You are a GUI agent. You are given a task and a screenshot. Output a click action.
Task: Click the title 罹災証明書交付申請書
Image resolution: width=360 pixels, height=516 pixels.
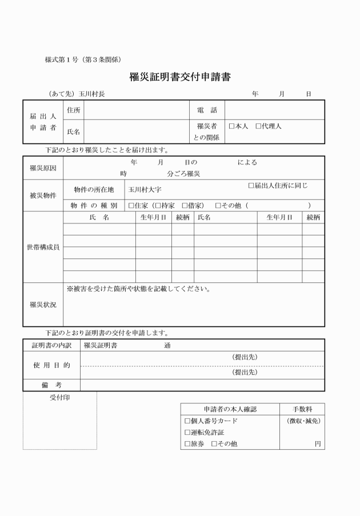click(x=179, y=77)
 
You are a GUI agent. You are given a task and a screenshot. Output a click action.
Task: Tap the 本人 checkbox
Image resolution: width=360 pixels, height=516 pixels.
click(x=232, y=126)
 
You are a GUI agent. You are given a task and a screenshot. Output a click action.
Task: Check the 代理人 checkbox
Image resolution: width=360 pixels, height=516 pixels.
click(x=259, y=126)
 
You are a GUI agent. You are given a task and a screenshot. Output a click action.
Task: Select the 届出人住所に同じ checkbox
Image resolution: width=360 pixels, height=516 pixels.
click(x=251, y=186)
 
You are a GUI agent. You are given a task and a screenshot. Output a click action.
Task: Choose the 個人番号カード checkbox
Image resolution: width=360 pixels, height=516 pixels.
click(x=188, y=421)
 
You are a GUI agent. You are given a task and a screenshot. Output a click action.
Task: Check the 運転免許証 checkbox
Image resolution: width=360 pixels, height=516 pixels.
click(x=188, y=433)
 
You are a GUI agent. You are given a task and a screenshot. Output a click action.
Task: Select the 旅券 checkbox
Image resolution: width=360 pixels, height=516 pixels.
click(x=188, y=444)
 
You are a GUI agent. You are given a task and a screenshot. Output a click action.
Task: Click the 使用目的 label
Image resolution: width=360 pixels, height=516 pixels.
click(x=51, y=365)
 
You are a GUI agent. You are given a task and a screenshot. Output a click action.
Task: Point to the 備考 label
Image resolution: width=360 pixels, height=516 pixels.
click(x=51, y=386)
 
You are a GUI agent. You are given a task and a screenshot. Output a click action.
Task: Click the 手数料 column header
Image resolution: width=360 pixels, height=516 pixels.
click(x=302, y=409)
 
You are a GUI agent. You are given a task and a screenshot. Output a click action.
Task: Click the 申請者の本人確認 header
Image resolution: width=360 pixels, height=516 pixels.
click(x=230, y=409)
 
